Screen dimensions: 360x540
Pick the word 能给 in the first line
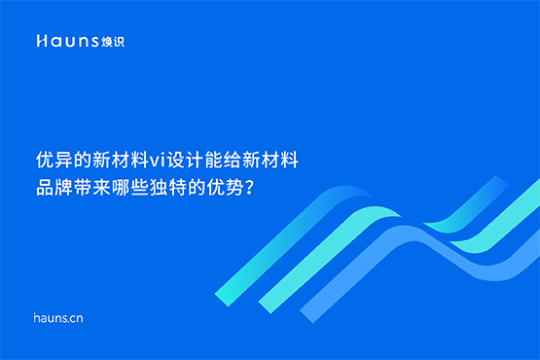coord(226,159)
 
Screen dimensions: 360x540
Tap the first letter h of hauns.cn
coord(36,317)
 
